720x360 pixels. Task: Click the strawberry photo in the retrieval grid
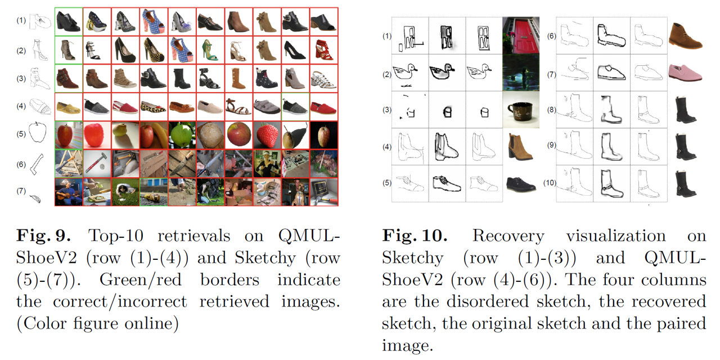coord(267,135)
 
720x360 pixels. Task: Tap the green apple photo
coord(182,135)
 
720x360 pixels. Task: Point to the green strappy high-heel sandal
coord(210,50)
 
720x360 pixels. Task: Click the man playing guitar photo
coord(68,191)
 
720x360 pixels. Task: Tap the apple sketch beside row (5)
coord(38,133)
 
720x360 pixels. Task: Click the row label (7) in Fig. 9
coord(21,191)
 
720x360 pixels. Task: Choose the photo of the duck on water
coord(521,73)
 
